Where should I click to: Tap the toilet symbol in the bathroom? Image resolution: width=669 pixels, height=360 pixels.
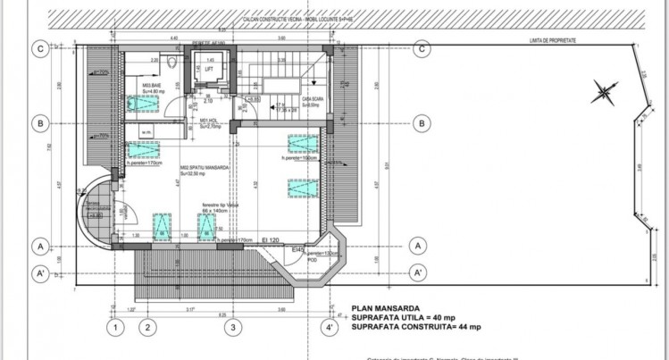[x=155, y=63]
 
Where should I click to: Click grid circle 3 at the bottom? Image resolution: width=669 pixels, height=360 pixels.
[x=231, y=327]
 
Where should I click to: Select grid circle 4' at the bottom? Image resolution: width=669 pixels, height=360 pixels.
[x=331, y=327]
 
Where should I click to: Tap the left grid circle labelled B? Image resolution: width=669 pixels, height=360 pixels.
[x=39, y=123]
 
